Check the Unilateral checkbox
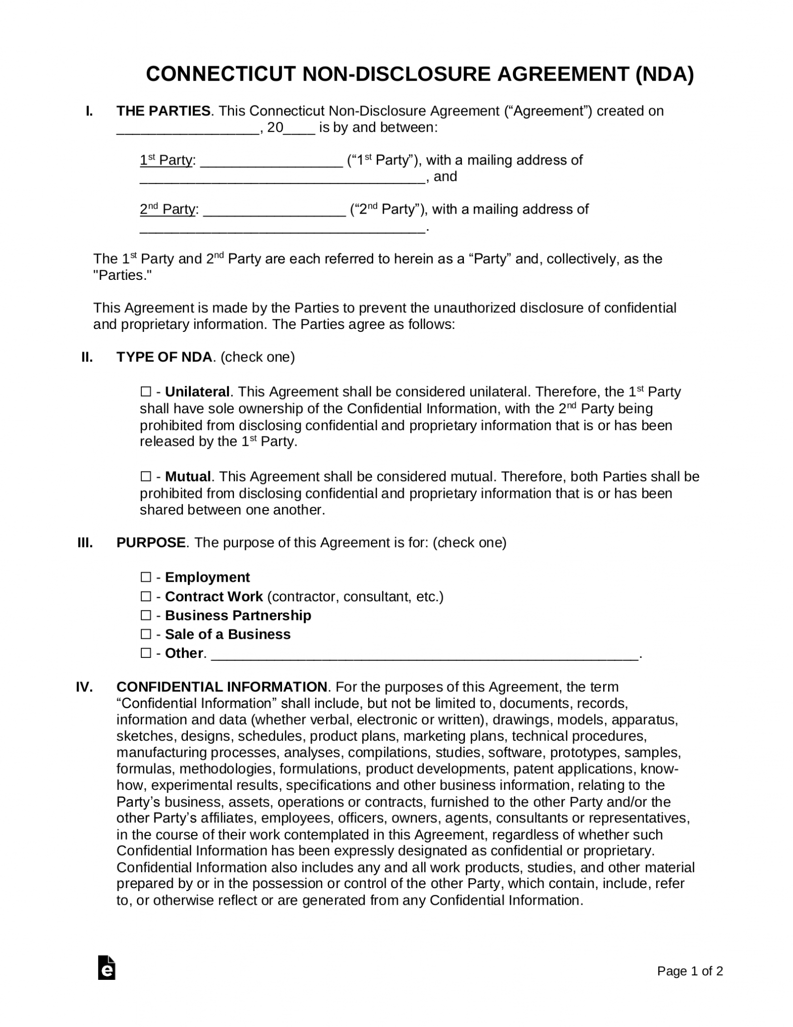145,392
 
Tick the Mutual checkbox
145,476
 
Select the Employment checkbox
145,577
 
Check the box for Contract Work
145,596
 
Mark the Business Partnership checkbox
145,615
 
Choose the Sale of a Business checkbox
145,634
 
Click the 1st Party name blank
271,161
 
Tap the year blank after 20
300,128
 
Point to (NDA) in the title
664,74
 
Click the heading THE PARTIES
163,111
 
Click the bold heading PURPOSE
150,543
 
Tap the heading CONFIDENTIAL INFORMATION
221,687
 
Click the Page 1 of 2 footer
690,971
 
